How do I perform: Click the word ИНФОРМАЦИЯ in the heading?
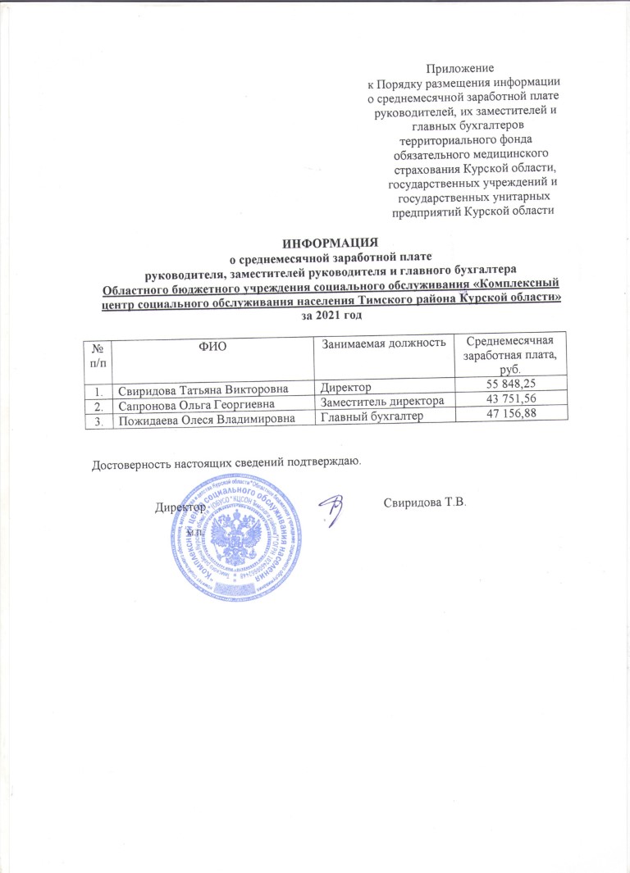point(330,243)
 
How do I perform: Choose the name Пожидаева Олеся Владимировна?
point(204,421)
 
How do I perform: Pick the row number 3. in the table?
point(98,421)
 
